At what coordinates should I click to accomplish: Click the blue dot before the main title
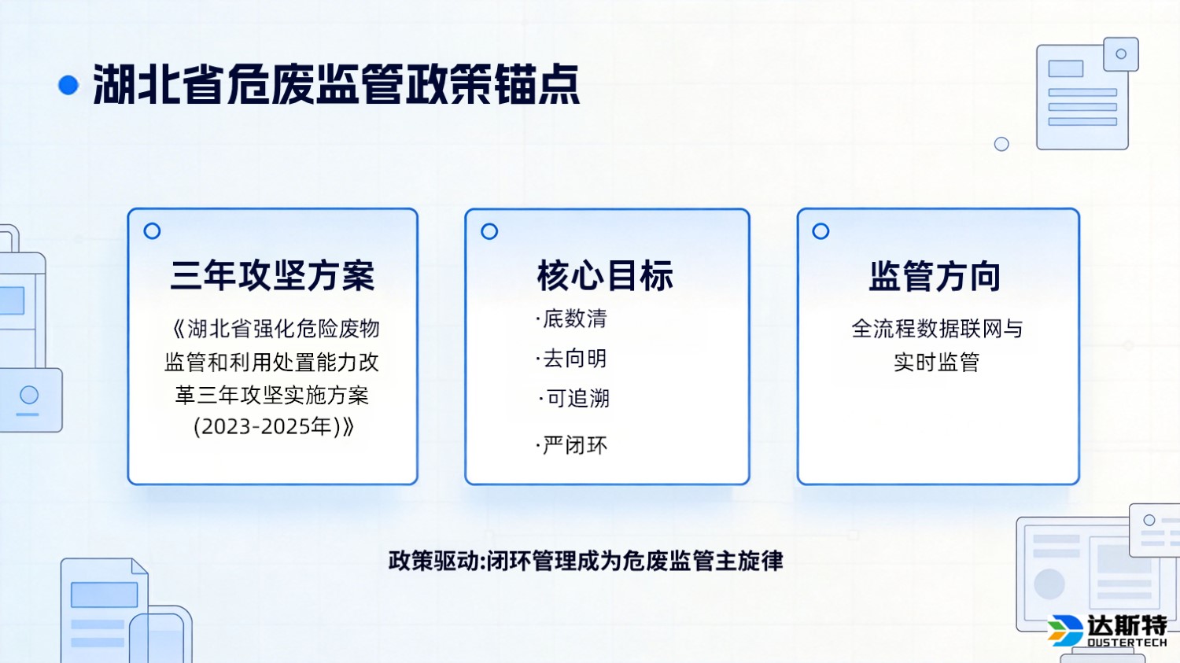click(68, 85)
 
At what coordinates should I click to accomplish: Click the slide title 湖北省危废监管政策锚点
click(337, 85)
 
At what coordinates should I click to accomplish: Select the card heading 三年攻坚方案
click(272, 276)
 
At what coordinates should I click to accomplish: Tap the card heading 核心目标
click(605, 276)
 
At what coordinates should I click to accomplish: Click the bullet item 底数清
click(574, 319)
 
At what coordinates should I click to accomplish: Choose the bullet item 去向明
click(574, 359)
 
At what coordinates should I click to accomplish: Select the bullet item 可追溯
click(577, 399)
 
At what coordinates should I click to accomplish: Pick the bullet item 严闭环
click(574, 446)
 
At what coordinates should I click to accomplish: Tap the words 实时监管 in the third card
click(936, 363)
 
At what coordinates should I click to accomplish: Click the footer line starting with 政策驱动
click(585, 562)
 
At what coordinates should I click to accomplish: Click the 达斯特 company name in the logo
click(1127, 626)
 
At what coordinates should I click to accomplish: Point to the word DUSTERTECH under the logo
click(1127, 643)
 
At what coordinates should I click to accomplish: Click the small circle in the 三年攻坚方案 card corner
click(153, 231)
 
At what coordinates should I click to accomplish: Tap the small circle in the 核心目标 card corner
click(489, 231)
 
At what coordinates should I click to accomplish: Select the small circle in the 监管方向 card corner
click(820, 231)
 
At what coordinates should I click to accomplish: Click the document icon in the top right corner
click(1084, 95)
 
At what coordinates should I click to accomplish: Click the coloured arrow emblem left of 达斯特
click(1065, 630)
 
